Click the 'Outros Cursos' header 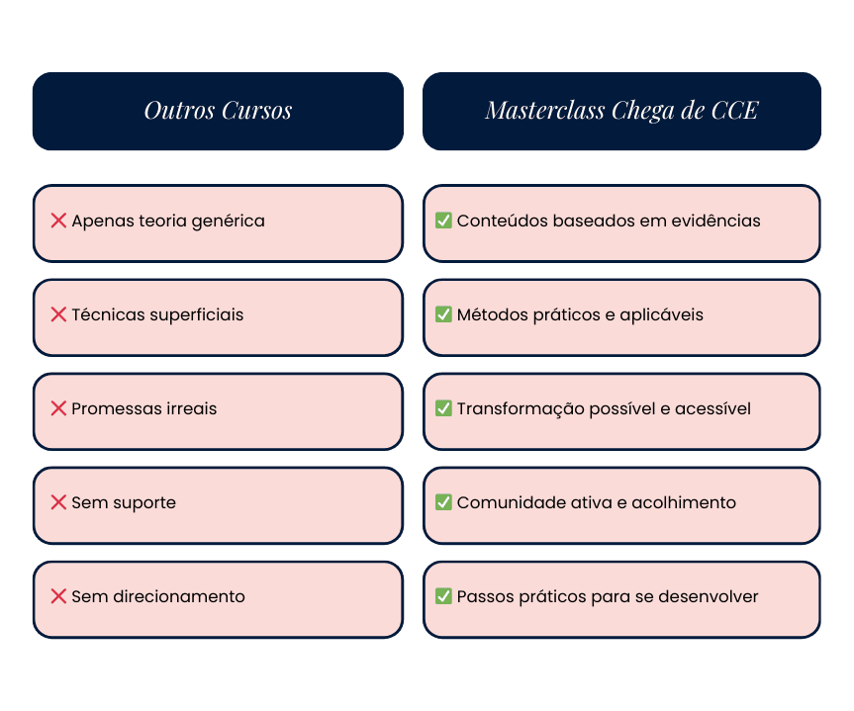218,111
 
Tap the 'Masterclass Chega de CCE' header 621,111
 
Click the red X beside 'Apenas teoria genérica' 58,221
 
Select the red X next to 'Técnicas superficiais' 58,314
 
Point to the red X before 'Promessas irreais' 58,408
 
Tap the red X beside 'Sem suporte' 58,502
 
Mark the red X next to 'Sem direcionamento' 58,596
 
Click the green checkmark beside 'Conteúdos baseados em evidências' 443,221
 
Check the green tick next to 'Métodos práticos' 443,314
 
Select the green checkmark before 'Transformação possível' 443,408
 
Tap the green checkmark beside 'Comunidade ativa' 443,502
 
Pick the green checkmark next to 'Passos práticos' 443,596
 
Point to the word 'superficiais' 196,315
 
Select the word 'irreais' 190,408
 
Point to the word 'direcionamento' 178,596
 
